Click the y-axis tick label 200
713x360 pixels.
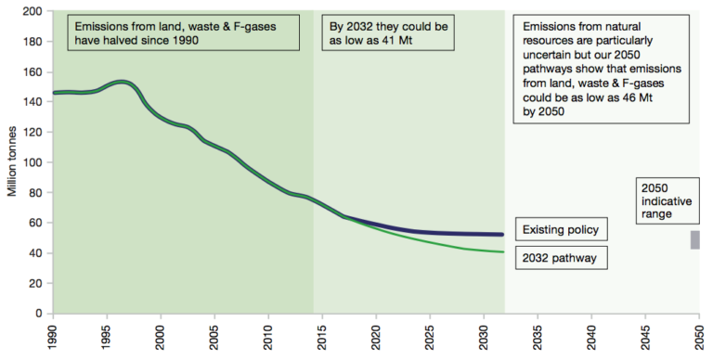(32, 11)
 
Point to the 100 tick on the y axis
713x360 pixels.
(32, 162)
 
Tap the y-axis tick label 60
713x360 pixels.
(35, 223)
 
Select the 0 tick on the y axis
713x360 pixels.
(39, 314)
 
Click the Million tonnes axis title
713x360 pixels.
(12, 162)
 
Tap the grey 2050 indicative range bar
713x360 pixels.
(694, 240)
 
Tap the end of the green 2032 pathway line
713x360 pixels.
(503, 252)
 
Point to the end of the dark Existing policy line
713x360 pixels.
(503, 235)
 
